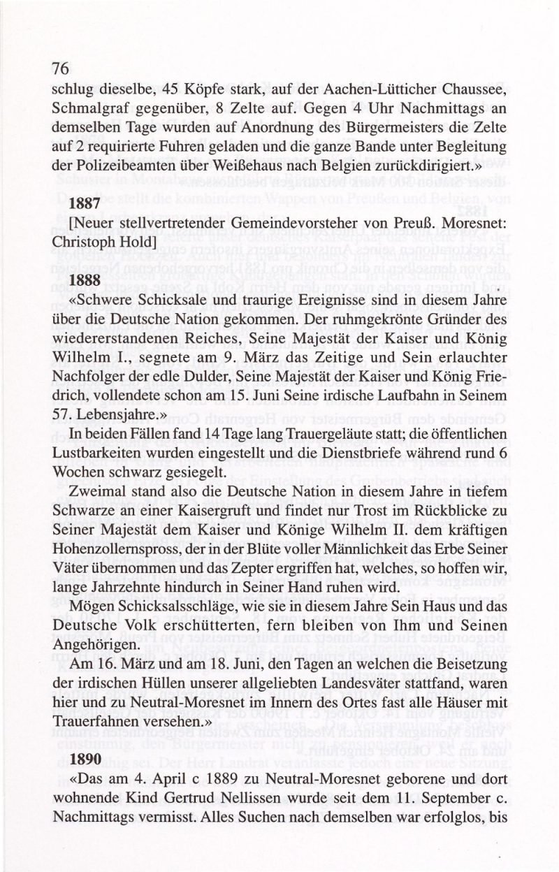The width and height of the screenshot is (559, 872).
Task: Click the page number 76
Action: [60, 68]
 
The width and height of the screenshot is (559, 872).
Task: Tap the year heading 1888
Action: [85, 279]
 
